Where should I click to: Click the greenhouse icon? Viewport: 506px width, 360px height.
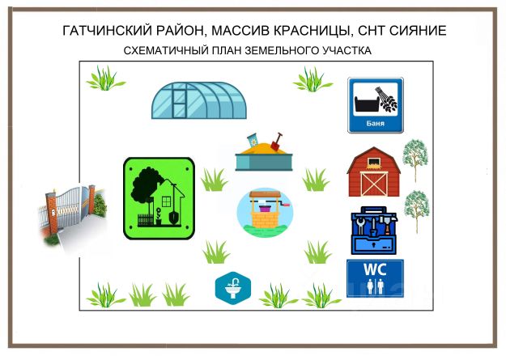[x=199, y=100]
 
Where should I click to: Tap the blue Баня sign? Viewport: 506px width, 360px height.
[x=376, y=105]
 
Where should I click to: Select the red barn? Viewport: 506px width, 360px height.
[x=374, y=172]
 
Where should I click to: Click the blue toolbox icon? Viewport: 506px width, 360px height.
[x=374, y=231]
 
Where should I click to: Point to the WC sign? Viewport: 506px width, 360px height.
[x=375, y=278]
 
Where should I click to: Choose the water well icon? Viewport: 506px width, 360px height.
[x=265, y=213]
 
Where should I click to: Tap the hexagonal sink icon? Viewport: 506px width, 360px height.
[x=233, y=288]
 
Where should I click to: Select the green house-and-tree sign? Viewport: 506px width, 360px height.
[x=159, y=198]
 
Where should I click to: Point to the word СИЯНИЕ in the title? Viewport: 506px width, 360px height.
[x=418, y=31]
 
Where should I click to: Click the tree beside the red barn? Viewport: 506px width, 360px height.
[x=415, y=160]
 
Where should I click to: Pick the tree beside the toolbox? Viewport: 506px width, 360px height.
[x=417, y=211]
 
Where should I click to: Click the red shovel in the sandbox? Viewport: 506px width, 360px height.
[x=277, y=142]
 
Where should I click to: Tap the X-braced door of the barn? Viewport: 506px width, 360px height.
[x=374, y=184]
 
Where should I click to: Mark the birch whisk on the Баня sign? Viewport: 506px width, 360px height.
[x=386, y=100]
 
